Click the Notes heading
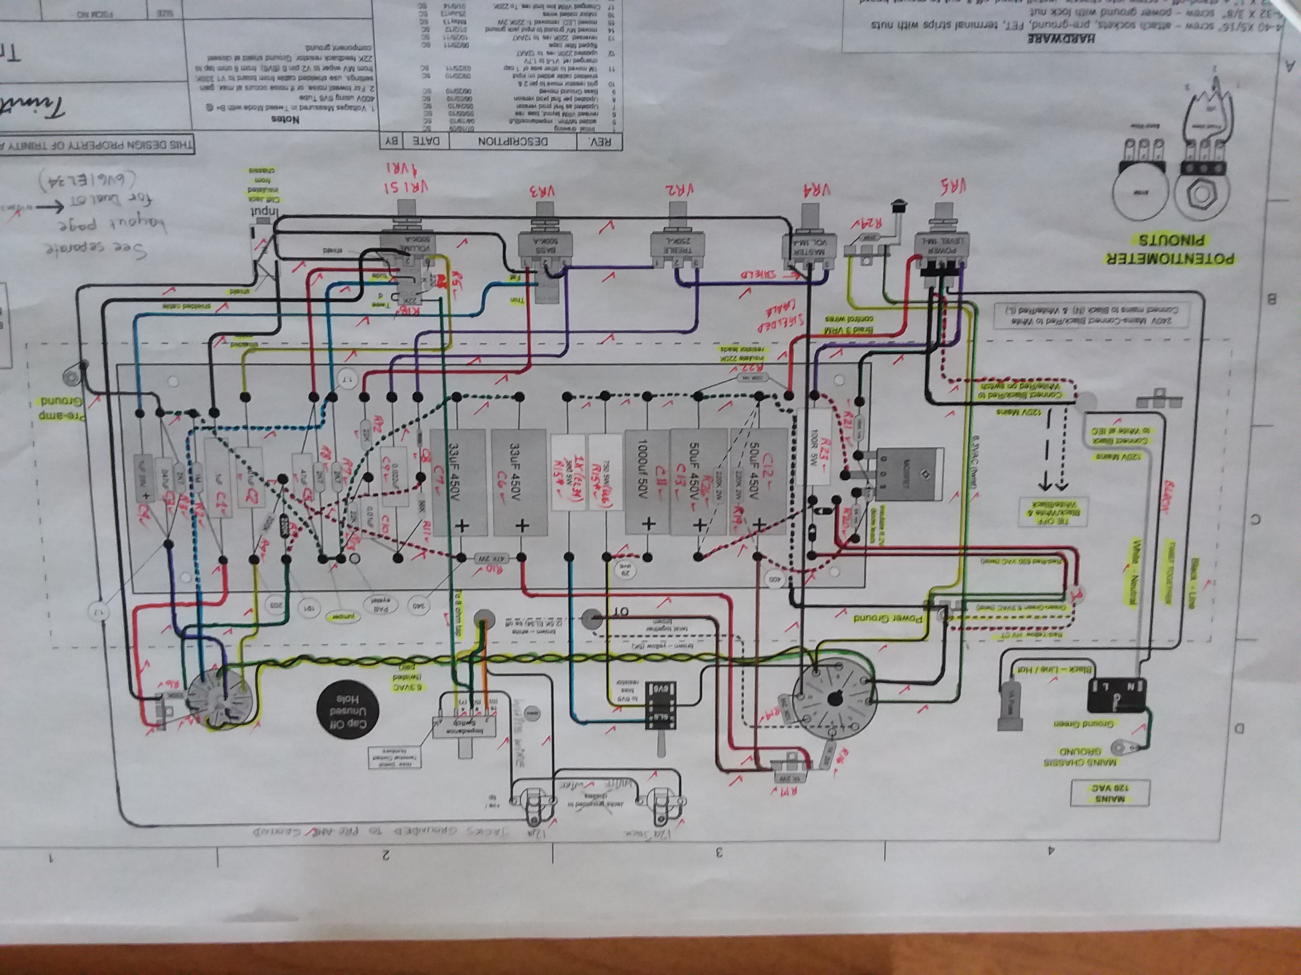285,118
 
